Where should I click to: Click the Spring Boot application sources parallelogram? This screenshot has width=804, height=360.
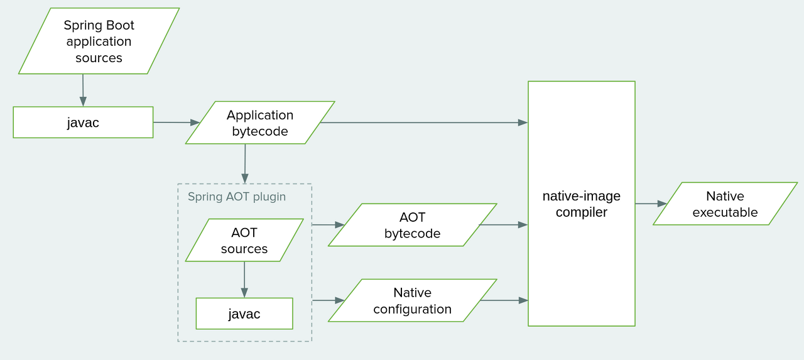[x=99, y=41]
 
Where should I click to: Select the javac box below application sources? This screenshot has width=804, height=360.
[x=83, y=123]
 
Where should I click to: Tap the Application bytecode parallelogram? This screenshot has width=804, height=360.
[x=260, y=123]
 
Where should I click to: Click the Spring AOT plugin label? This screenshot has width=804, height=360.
[x=237, y=197]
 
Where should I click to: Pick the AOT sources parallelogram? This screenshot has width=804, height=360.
[x=244, y=241]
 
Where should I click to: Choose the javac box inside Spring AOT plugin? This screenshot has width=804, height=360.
[x=244, y=314]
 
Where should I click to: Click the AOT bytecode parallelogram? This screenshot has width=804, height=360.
[x=412, y=225]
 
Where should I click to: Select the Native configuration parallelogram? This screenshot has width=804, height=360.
[x=412, y=301]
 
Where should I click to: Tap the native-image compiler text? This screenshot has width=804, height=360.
[x=581, y=204]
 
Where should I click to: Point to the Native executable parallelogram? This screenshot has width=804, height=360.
[x=725, y=204]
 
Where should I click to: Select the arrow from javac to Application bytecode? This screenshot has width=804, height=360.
[x=176, y=123]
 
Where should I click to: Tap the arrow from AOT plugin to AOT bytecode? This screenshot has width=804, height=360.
[x=328, y=224]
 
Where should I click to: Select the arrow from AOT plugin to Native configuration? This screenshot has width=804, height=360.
[x=328, y=300]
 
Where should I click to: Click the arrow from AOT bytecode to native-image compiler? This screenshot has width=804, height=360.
[x=503, y=224]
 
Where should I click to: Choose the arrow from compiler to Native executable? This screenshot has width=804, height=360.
[x=651, y=204]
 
